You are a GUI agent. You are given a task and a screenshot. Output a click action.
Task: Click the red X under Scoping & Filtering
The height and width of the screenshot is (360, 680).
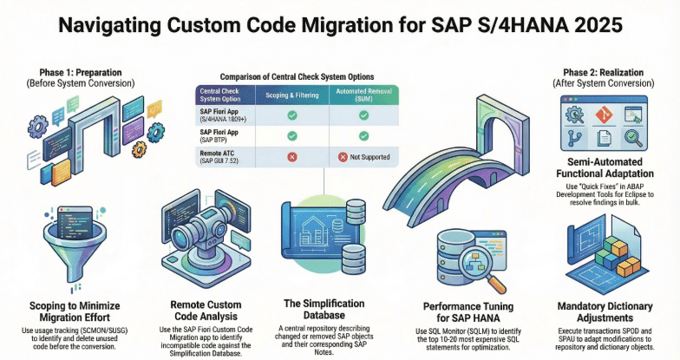pos(292,158)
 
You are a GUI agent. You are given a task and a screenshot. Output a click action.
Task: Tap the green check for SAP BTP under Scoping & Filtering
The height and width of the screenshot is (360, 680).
pos(292,135)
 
